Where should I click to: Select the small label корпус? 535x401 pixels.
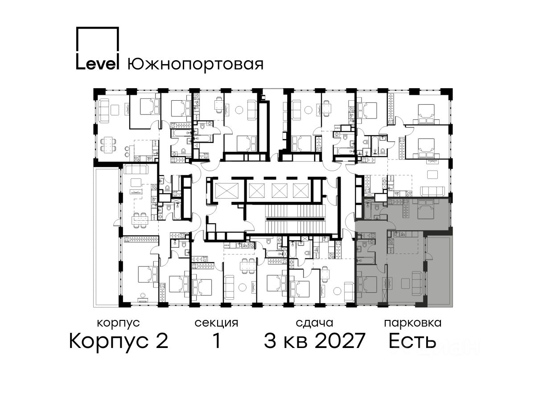click(x=119, y=323)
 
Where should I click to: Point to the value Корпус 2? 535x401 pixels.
click(x=119, y=341)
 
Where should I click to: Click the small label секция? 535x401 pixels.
click(x=216, y=323)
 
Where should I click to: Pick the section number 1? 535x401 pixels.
click(x=217, y=340)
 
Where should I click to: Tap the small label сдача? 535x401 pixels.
click(x=314, y=323)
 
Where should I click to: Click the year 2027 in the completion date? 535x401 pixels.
click(x=340, y=340)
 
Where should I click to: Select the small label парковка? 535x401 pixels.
click(x=413, y=323)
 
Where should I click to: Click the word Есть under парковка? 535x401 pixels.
click(x=412, y=340)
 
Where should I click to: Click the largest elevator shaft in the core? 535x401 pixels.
click(x=226, y=190)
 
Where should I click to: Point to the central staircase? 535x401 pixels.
click(x=296, y=219)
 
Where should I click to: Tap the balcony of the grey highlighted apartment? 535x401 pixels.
click(x=439, y=271)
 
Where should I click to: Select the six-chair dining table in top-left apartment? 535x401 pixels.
click(x=108, y=145)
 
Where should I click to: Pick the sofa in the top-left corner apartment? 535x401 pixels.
click(x=104, y=110)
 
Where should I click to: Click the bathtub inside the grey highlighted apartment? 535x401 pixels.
click(x=365, y=261)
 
